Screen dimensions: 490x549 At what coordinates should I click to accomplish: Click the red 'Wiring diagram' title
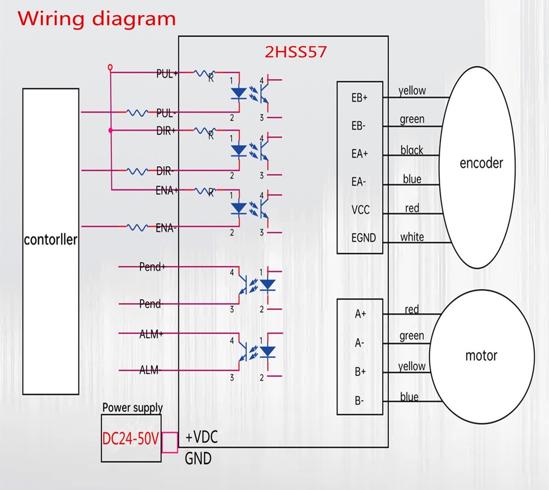[x=97, y=19]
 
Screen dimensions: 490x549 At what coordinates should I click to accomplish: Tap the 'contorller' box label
[x=51, y=240]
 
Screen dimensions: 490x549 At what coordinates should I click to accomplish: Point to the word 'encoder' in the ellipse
[x=481, y=163]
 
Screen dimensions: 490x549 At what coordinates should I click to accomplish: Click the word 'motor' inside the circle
[x=481, y=356]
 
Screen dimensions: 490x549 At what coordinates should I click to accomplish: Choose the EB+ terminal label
[x=360, y=98]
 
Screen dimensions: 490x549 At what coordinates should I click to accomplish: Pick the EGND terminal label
[x=363, y=238]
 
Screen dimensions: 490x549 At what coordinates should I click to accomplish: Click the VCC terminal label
[x=360, y=210]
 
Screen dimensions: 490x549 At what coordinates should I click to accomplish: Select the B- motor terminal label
[x=359, y=401]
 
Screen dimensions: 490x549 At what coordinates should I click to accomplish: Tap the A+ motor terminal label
[x=360, y=314]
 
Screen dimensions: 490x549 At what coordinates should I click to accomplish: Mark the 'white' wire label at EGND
[x=412, y=237]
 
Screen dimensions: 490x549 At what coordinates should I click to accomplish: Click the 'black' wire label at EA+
[x=412, y=150]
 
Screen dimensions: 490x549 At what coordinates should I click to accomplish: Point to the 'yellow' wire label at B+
[x=412, y=366]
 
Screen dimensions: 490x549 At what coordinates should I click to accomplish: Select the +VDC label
[x=201, y=437]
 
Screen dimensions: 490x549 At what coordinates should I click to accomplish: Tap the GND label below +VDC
[x=198, y=458]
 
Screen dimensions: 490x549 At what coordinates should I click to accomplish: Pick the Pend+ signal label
[x=152, y=267]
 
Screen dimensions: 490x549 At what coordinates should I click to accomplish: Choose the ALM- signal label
[x=149, y=370]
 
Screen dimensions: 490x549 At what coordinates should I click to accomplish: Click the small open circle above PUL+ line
[x=110, y=67]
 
